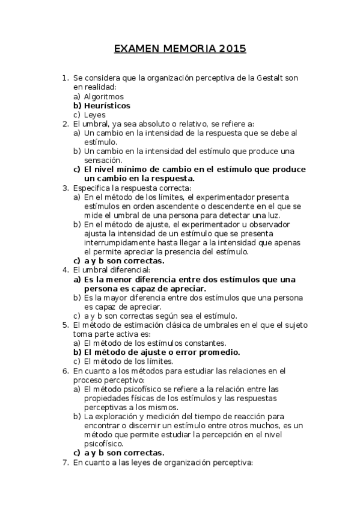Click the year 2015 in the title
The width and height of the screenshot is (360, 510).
pos(232,49)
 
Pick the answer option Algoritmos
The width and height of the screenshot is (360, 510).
pos(103,96)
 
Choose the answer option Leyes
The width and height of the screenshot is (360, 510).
pos(95,114)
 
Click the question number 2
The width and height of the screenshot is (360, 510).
pos(65,123)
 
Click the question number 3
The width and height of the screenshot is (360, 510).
pos(65,188)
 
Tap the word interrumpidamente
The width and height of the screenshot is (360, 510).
pos(120,242)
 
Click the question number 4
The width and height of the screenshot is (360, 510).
pos(65,270)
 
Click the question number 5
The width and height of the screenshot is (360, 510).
pos(65,325)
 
